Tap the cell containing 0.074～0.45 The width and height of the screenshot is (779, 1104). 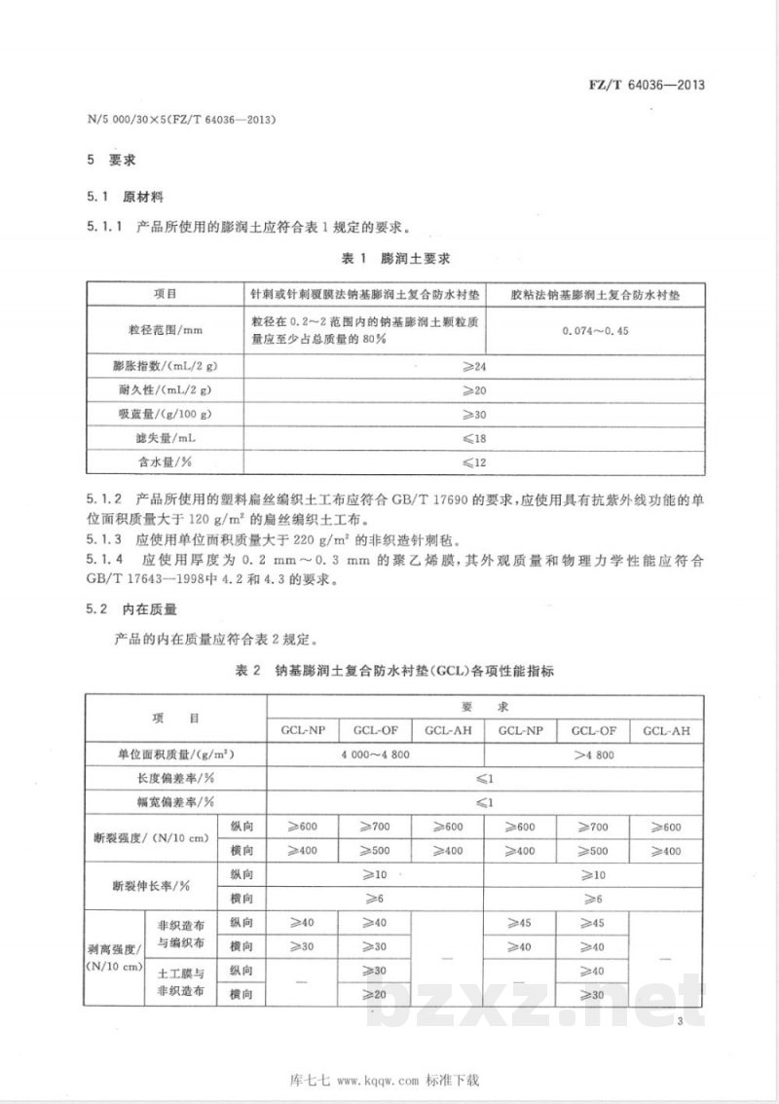(595, 331)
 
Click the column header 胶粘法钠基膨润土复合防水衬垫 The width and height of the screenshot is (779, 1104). (595, 293)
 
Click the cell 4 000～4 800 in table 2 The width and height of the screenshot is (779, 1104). (375, 754)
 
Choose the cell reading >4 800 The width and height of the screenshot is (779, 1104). (592, 754)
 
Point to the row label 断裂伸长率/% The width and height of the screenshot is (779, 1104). (151, 887)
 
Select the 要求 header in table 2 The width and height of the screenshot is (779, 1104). (484, 705)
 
